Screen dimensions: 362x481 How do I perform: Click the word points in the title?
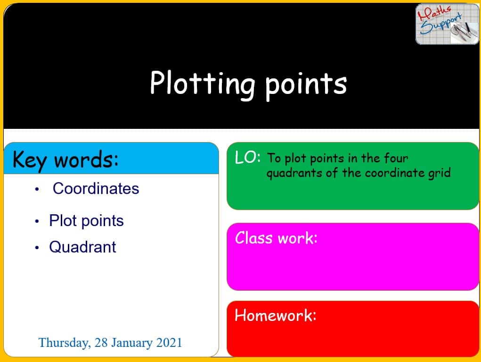tap(305, 84)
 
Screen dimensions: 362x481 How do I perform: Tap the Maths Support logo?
tap(447, 24)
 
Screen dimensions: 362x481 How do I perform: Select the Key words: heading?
tap(66, 160)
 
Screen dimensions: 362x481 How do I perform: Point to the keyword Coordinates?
tap(96, 188)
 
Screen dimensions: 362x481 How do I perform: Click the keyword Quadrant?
tap(82, 247)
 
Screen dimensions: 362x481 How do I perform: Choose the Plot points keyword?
tap(86, 220)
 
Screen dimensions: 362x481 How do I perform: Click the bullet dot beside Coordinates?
tap(37, 190)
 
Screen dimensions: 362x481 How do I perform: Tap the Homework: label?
tap(276, 315)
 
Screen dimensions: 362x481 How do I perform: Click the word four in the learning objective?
tap(395, 158)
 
